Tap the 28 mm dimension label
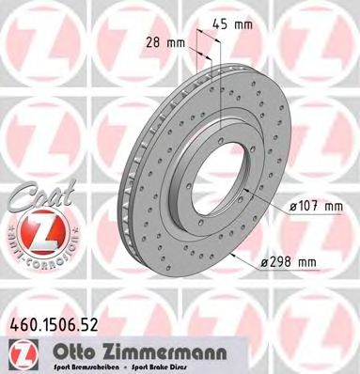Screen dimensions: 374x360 169,41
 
